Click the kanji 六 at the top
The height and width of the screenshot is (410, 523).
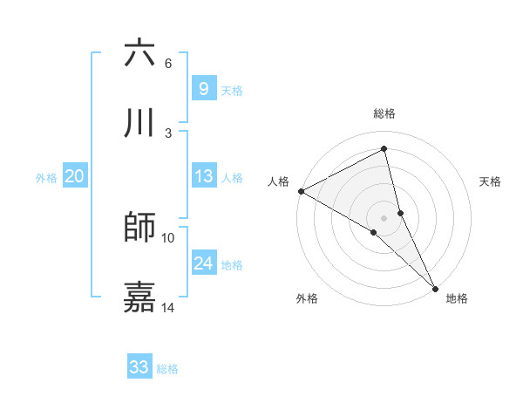click(x=140, y=54)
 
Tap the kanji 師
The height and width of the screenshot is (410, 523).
click(x=140, y=228)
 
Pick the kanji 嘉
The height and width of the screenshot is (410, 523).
click(x=140, y=297)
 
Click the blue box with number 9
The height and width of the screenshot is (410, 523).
click(x=203, y=88)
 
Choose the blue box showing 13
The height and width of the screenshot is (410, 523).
click(x=203, y=176)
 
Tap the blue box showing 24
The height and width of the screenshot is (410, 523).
click(x=203, y=263)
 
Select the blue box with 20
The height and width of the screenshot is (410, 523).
click(x=75, y=176)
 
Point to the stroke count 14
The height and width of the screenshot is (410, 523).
click(x=168, y=307)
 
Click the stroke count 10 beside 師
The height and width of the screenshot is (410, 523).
click(x=168, y=237)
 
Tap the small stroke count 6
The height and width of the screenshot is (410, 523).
click(x=168, y=64)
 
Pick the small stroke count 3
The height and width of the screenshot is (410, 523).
click(x=168, y=133)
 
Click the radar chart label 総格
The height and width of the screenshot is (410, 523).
click(x=384, y=113)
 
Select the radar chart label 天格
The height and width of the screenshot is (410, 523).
click(x=491, y=181)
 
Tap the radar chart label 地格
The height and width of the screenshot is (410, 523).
click(x=457, y=298)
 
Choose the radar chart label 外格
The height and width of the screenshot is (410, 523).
click(x=307, y=298)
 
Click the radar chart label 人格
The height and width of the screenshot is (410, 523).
click(x=278, y=181)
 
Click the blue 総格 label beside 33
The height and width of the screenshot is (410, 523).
click(x=167, y=369)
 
